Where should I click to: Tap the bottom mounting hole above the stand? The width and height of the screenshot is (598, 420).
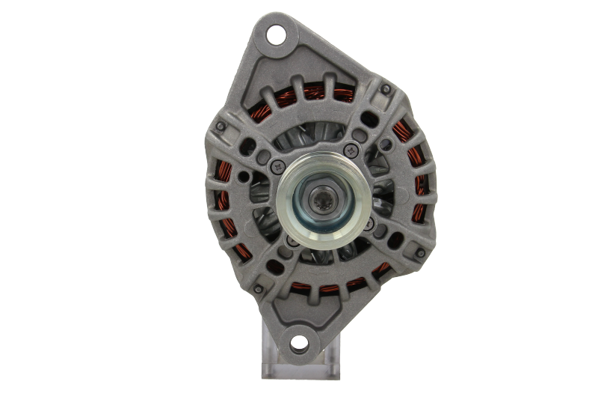pos(298,344)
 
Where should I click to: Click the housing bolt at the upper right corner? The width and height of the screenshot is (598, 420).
pos(386,89)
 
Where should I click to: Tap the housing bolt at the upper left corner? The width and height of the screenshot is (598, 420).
pos(221,127)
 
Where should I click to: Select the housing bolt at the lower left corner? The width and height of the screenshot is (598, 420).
pos(258,289)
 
